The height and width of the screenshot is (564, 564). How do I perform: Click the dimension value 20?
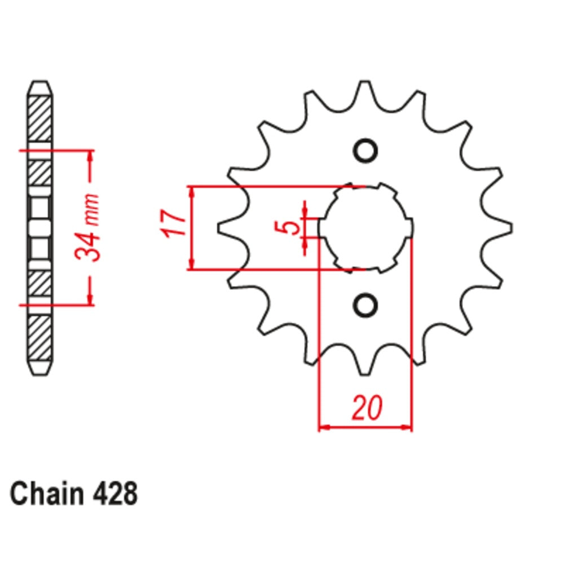tap(366, 408)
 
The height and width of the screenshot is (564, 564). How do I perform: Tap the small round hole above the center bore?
tap(364, 151)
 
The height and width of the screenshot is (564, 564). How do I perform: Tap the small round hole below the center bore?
tap(364, 305)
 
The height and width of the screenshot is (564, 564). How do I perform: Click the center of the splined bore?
tap(364, 228)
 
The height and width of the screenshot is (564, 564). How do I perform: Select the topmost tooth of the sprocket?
tap(365, 90)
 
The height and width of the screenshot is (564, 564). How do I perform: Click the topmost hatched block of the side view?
tap(40, 118)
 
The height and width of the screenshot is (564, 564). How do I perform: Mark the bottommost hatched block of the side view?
tap(40, 338)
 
